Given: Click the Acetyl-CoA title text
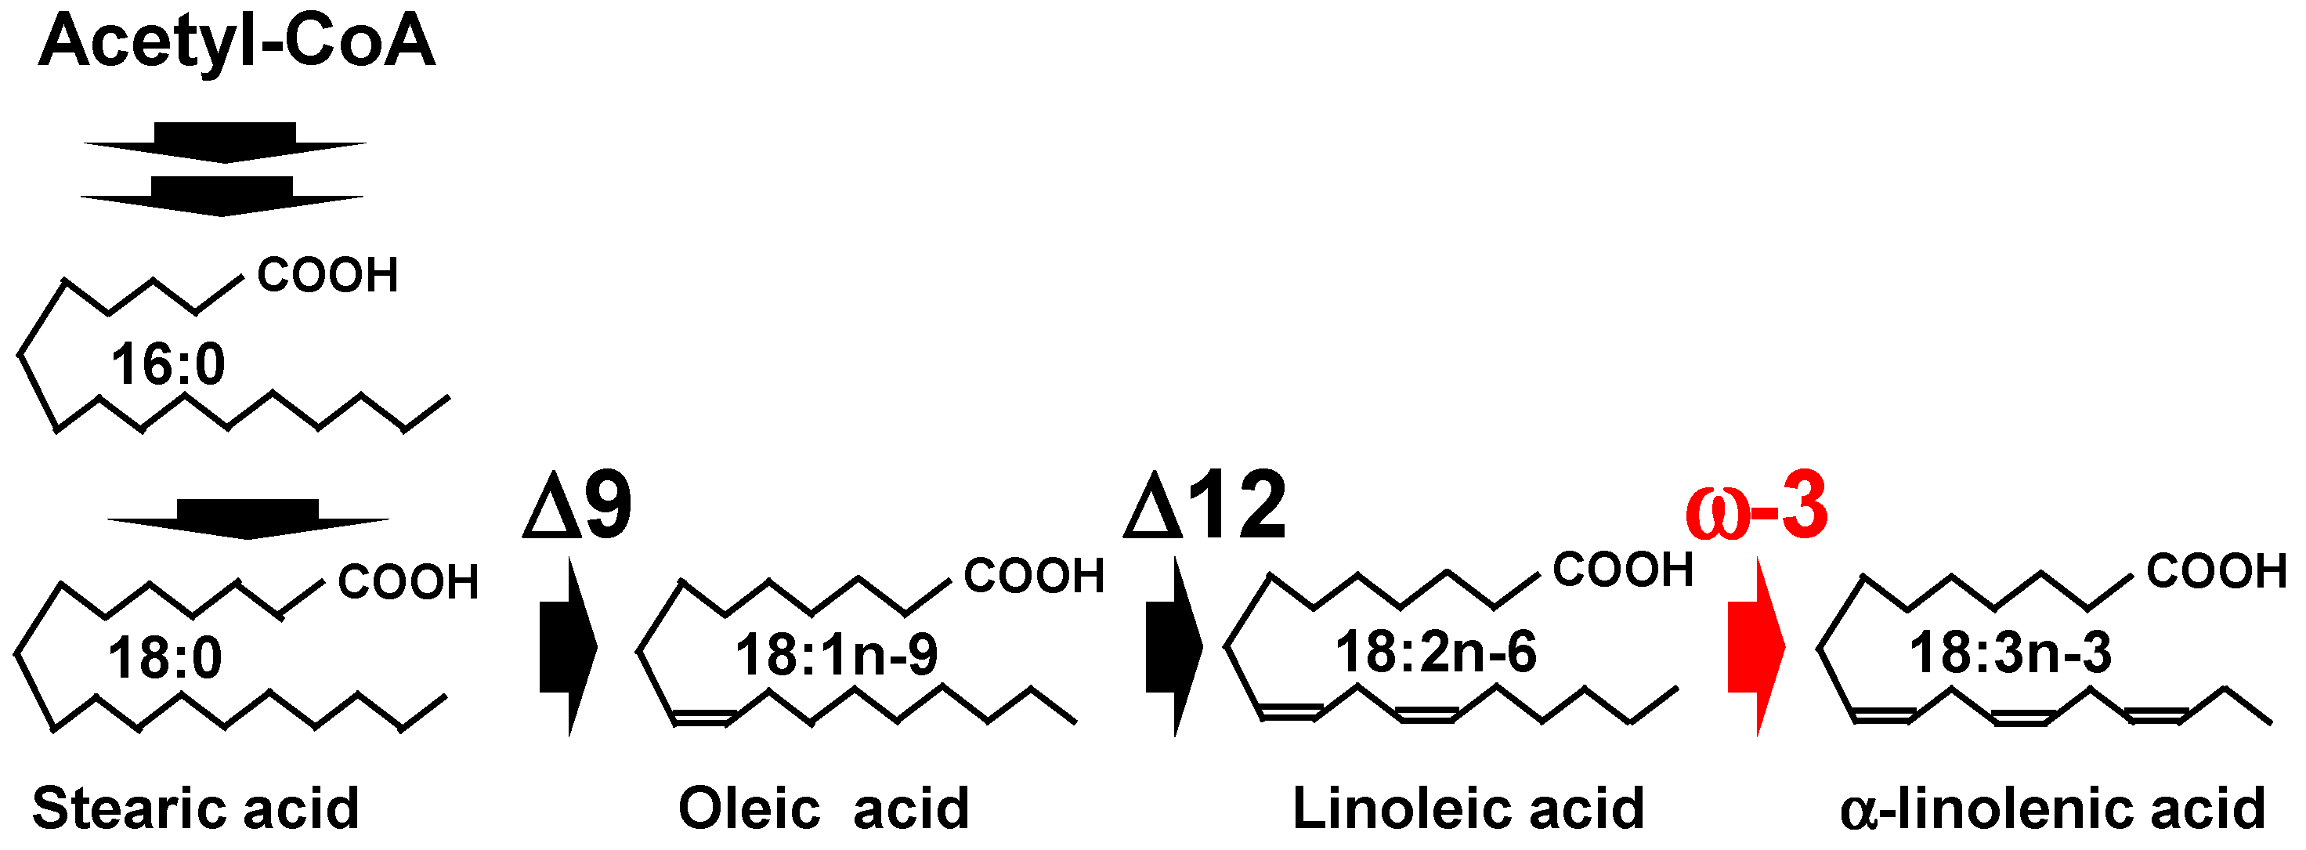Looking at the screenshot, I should pos(237,42).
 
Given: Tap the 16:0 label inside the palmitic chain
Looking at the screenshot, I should pos(168,364).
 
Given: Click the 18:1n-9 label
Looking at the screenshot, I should pos(836,654).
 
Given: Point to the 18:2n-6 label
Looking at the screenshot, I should pos(1436,651).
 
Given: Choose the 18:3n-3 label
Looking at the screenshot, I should pos(2011,652).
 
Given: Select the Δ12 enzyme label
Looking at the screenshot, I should pos(1205,506).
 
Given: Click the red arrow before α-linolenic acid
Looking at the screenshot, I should pos(1755,646).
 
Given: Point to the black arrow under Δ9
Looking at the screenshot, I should pos(569,646).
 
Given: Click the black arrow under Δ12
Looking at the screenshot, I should pos(1173,646).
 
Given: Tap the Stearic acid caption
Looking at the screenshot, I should pos(195,808).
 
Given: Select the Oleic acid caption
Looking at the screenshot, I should pos(823,808).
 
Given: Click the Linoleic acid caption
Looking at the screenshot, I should pos(1468,808).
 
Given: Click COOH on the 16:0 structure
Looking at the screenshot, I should pos(327,275).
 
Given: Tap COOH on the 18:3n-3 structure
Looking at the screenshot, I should pos(2217,571).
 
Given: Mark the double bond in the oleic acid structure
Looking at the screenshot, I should pos(704,717).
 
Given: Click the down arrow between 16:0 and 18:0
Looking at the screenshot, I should pos(248,519).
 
